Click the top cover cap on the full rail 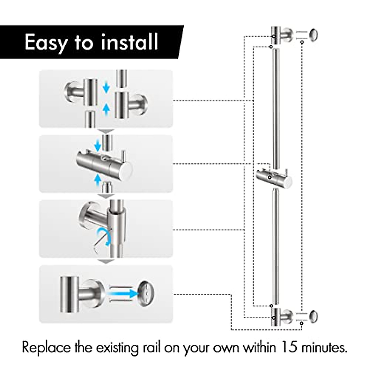point(313,34)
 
